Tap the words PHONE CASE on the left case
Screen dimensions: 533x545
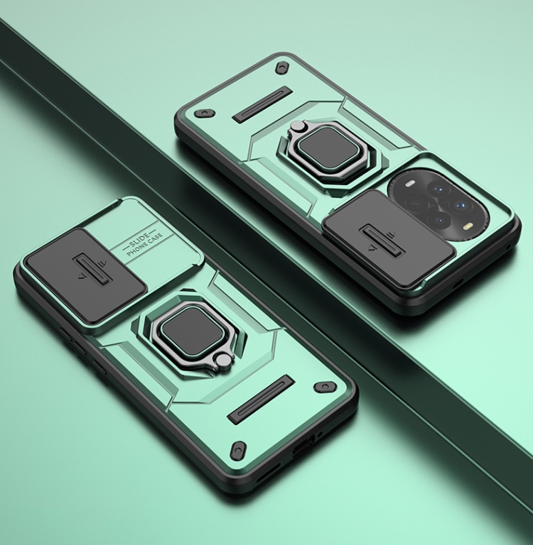(145, 244)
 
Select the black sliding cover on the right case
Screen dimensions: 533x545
(388, 240)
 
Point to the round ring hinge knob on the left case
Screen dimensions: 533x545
(223, 360)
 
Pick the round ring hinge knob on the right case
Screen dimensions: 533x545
(297, 127)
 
